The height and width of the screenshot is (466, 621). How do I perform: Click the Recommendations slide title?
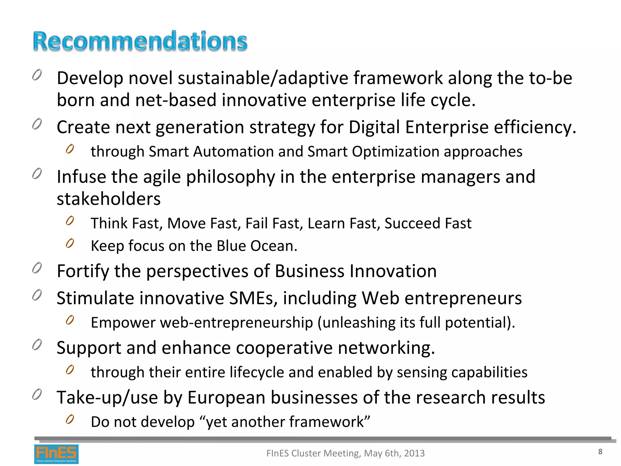(140, 41)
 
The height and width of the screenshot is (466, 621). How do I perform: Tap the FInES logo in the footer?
(56, 454)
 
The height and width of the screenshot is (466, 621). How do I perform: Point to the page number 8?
(600, 452)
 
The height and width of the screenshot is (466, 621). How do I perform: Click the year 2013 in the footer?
(414, 453)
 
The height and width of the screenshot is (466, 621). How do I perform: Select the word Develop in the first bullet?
(90, 78)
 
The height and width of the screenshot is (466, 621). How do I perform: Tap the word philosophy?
(230, 177)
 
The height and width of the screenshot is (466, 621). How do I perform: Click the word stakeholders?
(109, 199)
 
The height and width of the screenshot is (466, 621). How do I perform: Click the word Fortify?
(83, 271)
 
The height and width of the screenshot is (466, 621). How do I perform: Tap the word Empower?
(123, 322)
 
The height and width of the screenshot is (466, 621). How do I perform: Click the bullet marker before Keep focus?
(70, 243)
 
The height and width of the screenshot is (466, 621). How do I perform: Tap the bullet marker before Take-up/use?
(37, 394)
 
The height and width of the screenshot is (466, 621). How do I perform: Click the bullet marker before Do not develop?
(70, 419)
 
